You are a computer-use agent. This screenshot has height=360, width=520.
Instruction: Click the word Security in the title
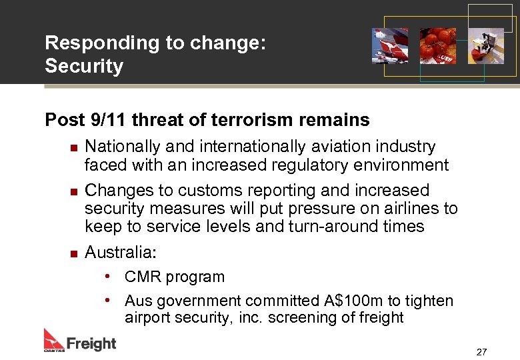point(84,67)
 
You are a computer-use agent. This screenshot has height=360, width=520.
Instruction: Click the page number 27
point(482,351)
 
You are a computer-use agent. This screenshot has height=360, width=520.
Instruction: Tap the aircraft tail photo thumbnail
point(390,45)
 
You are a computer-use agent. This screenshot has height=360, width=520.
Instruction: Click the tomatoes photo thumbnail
point(437,45)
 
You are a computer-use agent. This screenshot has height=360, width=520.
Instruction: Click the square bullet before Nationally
point(73,147)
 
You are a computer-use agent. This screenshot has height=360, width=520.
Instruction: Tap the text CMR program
point(175,277)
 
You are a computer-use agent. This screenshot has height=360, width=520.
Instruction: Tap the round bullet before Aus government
point(107,301)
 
